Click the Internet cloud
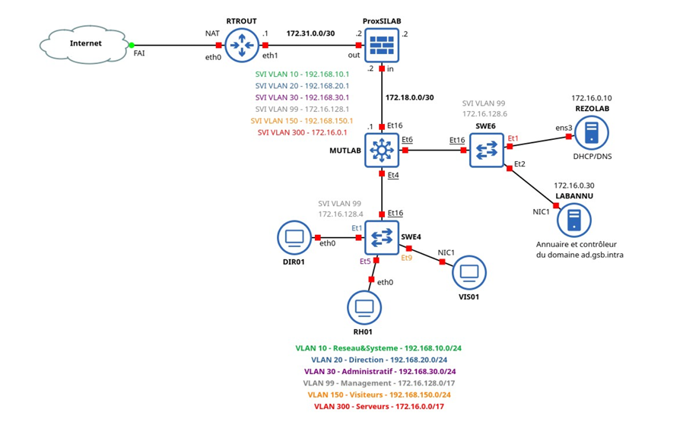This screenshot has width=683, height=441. (85, 45)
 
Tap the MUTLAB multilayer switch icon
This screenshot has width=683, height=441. (380, 150)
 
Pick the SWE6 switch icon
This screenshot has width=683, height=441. (487, 150)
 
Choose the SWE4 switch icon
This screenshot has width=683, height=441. (380, 237)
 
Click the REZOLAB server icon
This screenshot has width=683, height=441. (591, 134)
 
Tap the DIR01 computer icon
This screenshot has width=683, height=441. (294, 237)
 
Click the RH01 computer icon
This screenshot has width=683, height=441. (364, 306)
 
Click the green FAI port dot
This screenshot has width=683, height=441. (132, 45)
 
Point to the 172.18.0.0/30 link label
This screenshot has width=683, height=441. (409, 97)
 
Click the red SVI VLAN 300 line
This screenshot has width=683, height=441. (303, 132)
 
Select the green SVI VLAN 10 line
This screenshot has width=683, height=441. (302, 75)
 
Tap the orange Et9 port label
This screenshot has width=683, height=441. (408, 259)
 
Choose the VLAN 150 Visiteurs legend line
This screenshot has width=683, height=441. (379, 395)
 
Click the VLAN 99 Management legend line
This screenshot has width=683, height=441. (379, 383)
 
